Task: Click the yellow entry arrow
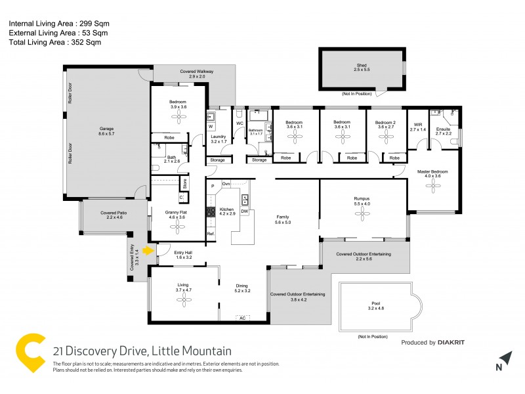coord(148,250)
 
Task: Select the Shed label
coord(362,66)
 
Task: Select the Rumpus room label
coord(362,200)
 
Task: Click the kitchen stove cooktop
coord(211,211)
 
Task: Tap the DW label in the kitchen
coord(244,211)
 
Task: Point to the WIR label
coord(418,126)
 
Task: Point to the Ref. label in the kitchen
coord(211,234)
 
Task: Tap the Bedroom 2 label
coord(385,122)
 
